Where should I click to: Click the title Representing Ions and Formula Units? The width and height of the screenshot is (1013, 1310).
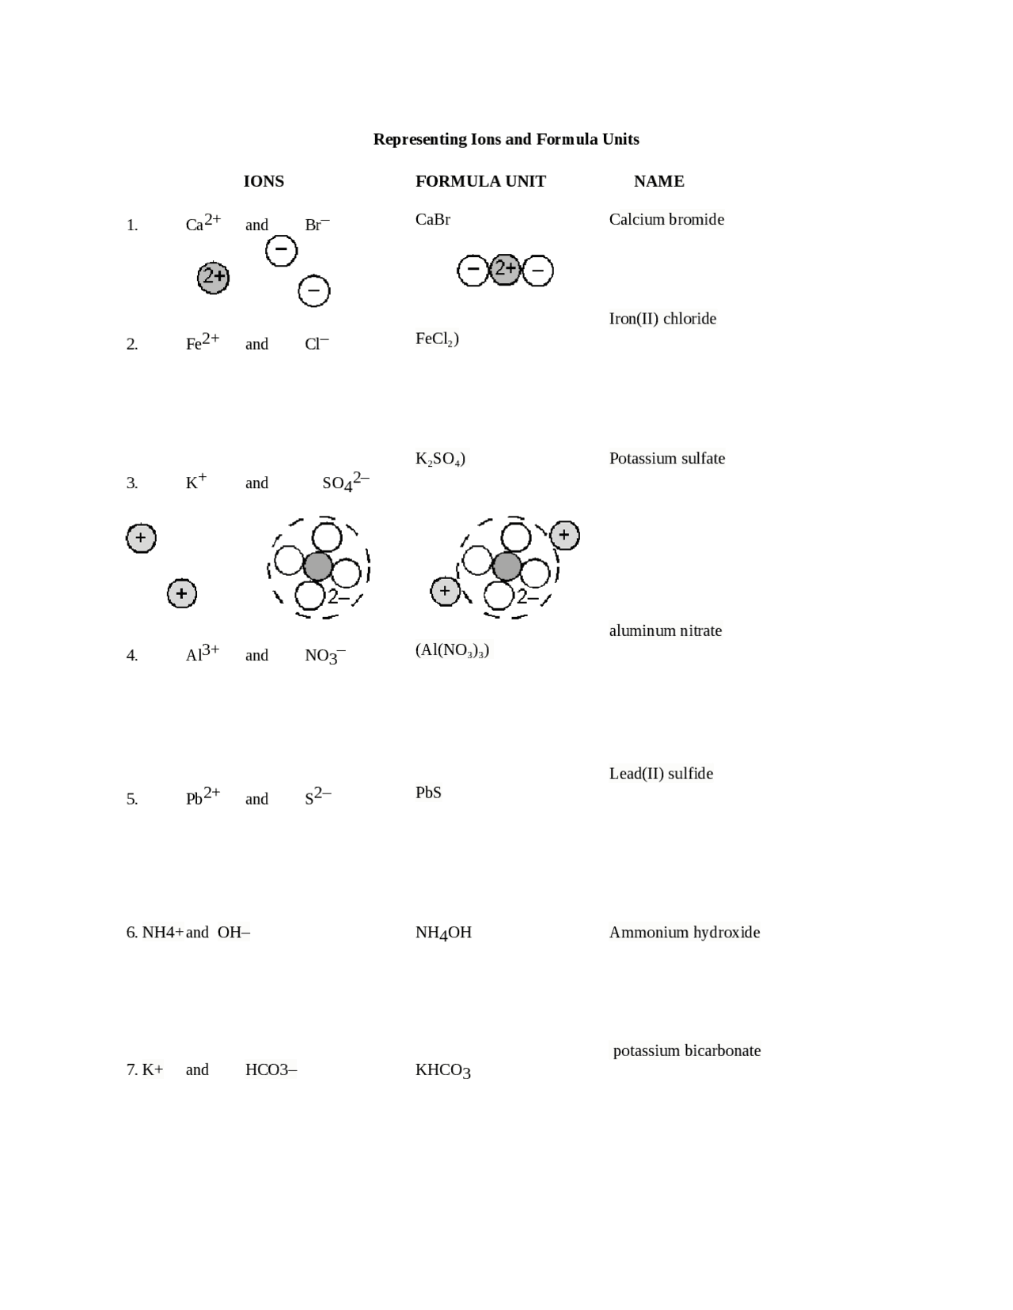click(x=506, y=139)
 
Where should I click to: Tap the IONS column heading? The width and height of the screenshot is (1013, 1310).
click(x=264, y=181)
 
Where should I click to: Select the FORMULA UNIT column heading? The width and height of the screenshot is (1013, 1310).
click(x=480, y=181)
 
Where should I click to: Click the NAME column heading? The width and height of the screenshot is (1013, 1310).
click(x=658, y=181)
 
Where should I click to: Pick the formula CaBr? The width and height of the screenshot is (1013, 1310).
click(x=433, y=220)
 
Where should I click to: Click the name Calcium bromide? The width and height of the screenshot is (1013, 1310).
click(x=666, y=220)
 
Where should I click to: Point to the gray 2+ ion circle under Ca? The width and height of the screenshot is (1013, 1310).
click(x=213, y=277)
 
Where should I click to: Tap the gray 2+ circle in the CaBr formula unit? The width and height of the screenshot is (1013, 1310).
click(x=505, y=270)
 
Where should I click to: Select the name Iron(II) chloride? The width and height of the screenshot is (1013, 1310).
click(x=662, y=319)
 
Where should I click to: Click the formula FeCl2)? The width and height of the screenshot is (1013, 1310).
click(x=437, y=339)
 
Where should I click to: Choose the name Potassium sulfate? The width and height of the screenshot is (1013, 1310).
click(x=666, y=459)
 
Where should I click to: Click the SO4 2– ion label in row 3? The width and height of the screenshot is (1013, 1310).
click(x=345, y=482)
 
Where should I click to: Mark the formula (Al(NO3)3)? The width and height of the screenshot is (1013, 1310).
click(x=452, y=650)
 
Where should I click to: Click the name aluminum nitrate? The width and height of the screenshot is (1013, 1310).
click(x=665, y=631)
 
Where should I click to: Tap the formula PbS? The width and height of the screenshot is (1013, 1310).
click(x=428, y=793)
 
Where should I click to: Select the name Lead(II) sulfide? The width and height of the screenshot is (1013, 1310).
click(x=661, y=774)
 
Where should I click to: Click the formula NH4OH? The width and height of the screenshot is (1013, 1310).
click(x=443, y=933)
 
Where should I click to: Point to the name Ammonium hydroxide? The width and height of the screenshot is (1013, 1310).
click(x=684, y=933)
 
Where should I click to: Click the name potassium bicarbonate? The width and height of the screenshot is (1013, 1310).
click(x=686, y=1051)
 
